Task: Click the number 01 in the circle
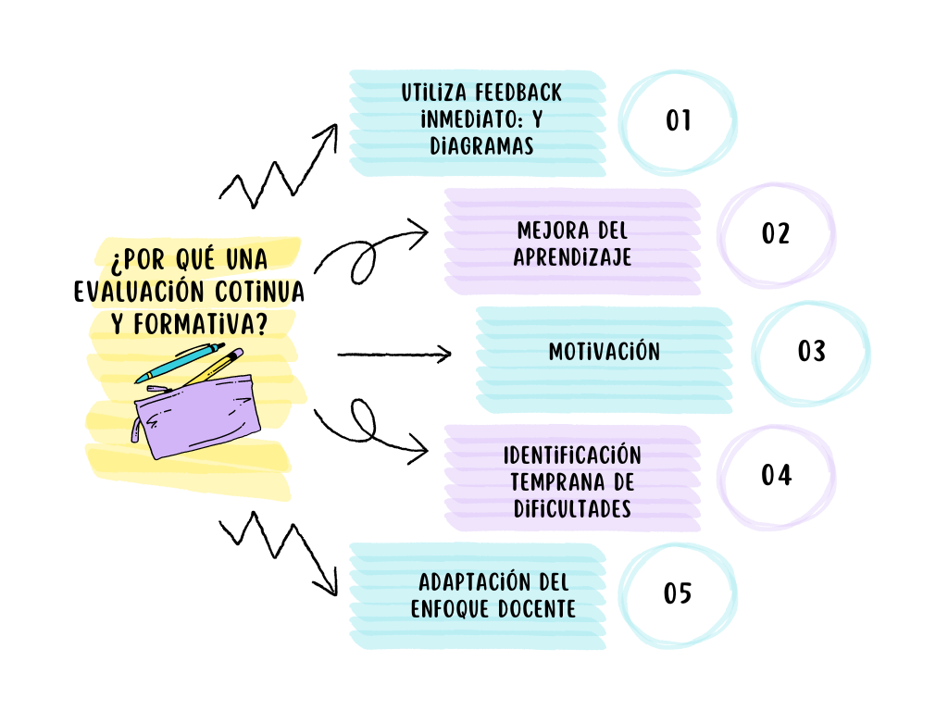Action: coord(679,120)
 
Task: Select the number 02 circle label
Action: coord(776,233)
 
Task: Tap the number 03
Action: coord(811,352)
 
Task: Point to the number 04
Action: coord(776,475)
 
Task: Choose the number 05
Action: coord(678,593)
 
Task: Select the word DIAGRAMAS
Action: coord(481,147)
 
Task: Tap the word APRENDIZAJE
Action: coord(573,257)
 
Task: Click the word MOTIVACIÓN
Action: coord(604,352)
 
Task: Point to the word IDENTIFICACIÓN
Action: coord(572,455)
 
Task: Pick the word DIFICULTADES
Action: coord(572,508)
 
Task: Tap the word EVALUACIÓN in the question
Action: coord(138,291)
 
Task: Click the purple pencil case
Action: coord(199,416)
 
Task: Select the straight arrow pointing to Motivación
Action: coord(393,353)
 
